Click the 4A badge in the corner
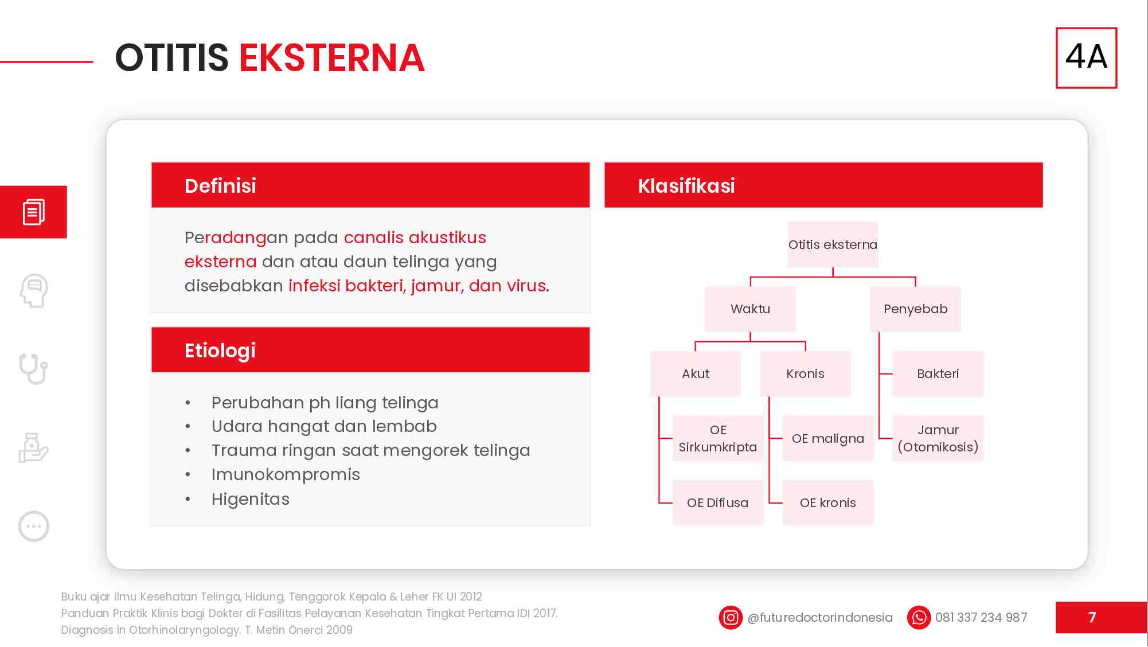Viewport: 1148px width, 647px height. (x=1086, y=57)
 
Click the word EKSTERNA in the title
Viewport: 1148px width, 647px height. (x=331, y=58)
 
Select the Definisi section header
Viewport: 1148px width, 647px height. (x=370, y=185)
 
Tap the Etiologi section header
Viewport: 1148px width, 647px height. (x=370, y=350)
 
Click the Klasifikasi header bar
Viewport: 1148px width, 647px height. (x=823, y=185)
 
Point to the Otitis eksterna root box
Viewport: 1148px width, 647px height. (x=833, y=245)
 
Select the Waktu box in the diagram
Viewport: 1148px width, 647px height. (x=750, y=309)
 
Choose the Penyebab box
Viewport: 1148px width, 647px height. (x=915, y=309)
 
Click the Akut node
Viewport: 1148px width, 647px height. (x=695, y=374)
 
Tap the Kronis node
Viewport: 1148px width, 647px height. (x=805, y=374)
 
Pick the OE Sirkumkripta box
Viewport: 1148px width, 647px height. (x=718, y=439)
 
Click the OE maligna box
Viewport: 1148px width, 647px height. (x=827, y=439)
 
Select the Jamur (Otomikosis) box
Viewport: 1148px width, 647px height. (x=938, y=439)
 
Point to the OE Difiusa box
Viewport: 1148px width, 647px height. (x=718, y=503)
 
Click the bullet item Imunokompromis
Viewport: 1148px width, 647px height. (x=286, y=475)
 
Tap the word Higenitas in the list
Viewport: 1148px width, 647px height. (x=251, y=499)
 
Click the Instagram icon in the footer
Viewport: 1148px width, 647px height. (x=731, y=618)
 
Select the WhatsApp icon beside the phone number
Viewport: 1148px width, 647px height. (x=919, y=618)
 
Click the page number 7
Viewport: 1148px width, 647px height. (x=1092, y=618)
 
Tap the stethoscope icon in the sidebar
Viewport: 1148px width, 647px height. (x=33, y=369)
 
